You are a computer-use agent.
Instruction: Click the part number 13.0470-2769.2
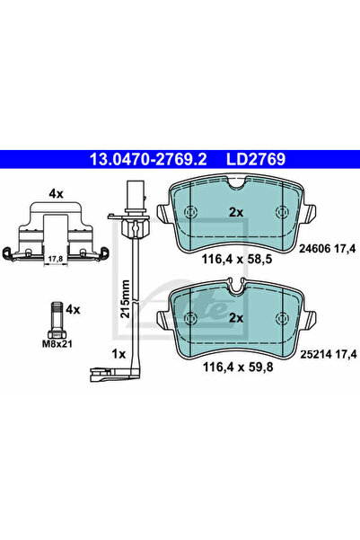pyautogui.click(x=148, y=160)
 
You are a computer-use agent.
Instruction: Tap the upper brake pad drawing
pyautogui.click(x=234, y=211)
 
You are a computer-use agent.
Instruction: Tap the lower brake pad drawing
pyautogui.click(x=234, y=314)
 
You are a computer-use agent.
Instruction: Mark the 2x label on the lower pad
pyautogui.click(x=236, y=318)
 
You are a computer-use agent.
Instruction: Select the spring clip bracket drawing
pyautogui.click(x=55, y=234)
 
